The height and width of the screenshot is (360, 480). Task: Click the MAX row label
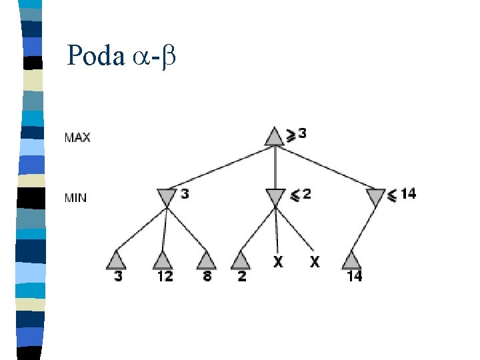pyautogui.click(x=77, y=138)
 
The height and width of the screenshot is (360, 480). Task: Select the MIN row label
pyautogui.click(x=75, y=198)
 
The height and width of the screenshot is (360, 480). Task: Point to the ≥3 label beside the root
pyautogui.click(x=297, y=134)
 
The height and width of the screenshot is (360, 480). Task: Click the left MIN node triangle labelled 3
pyautogui.click(x=166, y=197)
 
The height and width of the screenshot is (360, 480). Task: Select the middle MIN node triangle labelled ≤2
pyautogui.click(x=275, y=197)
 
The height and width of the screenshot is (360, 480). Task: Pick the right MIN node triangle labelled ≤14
pyautogui.click(x=376, y=197)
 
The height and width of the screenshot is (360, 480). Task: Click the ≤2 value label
pyautogui.click(x=301, y=194)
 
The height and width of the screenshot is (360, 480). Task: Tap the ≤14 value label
pyautogui.click(x=401, y=194)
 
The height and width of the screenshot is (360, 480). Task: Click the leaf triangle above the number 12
pyautogui.click(x=163, y=260)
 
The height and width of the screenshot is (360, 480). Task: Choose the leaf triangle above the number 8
pyautogui.click(x=207, y=260)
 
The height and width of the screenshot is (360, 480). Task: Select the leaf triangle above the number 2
pyautogui.click(x=241, y=260)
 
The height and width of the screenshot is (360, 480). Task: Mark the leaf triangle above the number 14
pyautogui.click(x=353, y=260)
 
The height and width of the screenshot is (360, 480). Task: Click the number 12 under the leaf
pyautogui.click(x=164, y=276)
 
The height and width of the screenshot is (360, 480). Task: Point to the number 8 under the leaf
pyautogui.click(x=207, y=276)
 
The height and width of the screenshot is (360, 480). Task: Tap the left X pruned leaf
pyautogui.click(x=277, y=262)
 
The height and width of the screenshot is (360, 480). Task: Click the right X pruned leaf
pyautogui.click(x=314, y=262)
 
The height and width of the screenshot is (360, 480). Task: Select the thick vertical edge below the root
pyautogui.click(x=275, y=167)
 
